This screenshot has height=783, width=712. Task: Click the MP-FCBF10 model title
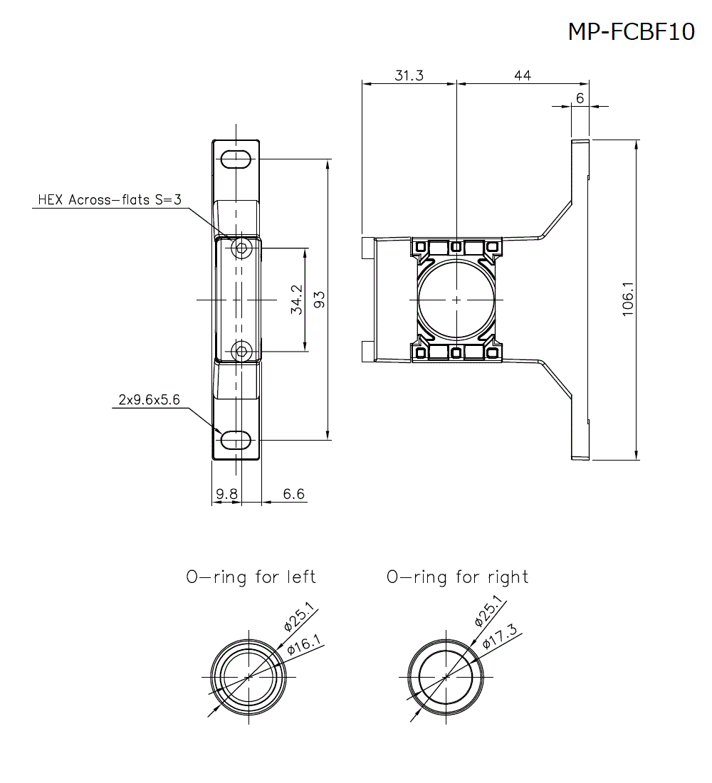(631, 31)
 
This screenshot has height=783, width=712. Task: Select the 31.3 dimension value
(409, 75)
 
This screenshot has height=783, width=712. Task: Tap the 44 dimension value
(522, 75)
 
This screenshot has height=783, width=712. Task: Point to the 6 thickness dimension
(580, 98)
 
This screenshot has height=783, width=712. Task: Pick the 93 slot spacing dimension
(319, 300)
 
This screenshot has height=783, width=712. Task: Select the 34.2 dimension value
(297, 300)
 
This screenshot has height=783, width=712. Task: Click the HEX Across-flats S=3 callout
(110, 200)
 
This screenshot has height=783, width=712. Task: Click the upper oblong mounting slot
(236, 159)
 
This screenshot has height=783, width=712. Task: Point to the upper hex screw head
(242, 248)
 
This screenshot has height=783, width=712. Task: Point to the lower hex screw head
(242, 350)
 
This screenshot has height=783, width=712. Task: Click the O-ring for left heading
(251, 577)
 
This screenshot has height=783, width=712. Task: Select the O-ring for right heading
(457, 577)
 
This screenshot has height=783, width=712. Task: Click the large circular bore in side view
(456, 300)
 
